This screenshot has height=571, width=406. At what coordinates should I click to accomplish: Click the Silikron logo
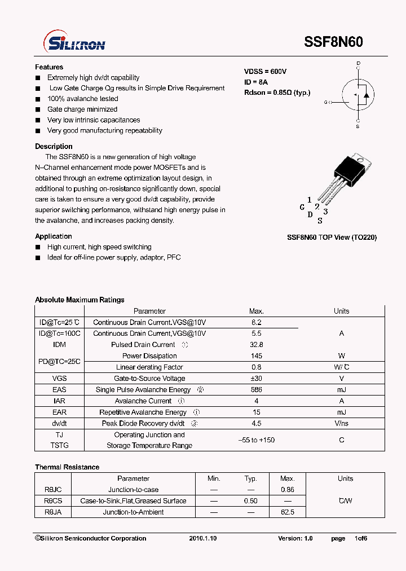point(74,42)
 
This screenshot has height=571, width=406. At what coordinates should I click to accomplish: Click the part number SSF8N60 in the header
point(333,42)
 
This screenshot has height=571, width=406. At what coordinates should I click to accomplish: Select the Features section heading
point(49,67)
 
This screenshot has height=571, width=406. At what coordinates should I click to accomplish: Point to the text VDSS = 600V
point(265,72)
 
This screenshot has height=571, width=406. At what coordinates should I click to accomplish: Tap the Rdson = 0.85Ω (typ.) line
point(277,93)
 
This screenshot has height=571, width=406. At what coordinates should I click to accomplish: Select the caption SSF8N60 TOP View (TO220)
point(332,238)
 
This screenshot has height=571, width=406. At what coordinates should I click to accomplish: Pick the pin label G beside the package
point(302,207)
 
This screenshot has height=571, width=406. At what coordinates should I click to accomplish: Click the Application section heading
point(54,236)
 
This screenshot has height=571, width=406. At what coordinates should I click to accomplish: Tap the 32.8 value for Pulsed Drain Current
point(257,345)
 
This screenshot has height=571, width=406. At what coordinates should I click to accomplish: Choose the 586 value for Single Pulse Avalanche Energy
point(257,390)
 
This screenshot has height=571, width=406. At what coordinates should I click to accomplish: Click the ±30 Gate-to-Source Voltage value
point(257,379)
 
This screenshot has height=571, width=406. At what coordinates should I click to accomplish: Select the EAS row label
point(59,390)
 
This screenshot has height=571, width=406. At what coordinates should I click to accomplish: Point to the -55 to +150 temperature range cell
point(257,440)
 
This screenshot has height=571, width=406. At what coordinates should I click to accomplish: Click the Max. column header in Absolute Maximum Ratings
point(257,311)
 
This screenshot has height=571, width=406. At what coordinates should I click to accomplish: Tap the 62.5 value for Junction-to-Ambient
point(288,512)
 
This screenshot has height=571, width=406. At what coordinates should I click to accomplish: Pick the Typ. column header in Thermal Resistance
point(250,478)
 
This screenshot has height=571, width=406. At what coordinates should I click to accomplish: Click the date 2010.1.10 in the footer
point(203,538)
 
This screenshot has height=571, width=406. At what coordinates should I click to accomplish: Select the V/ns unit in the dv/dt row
point(341,423)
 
